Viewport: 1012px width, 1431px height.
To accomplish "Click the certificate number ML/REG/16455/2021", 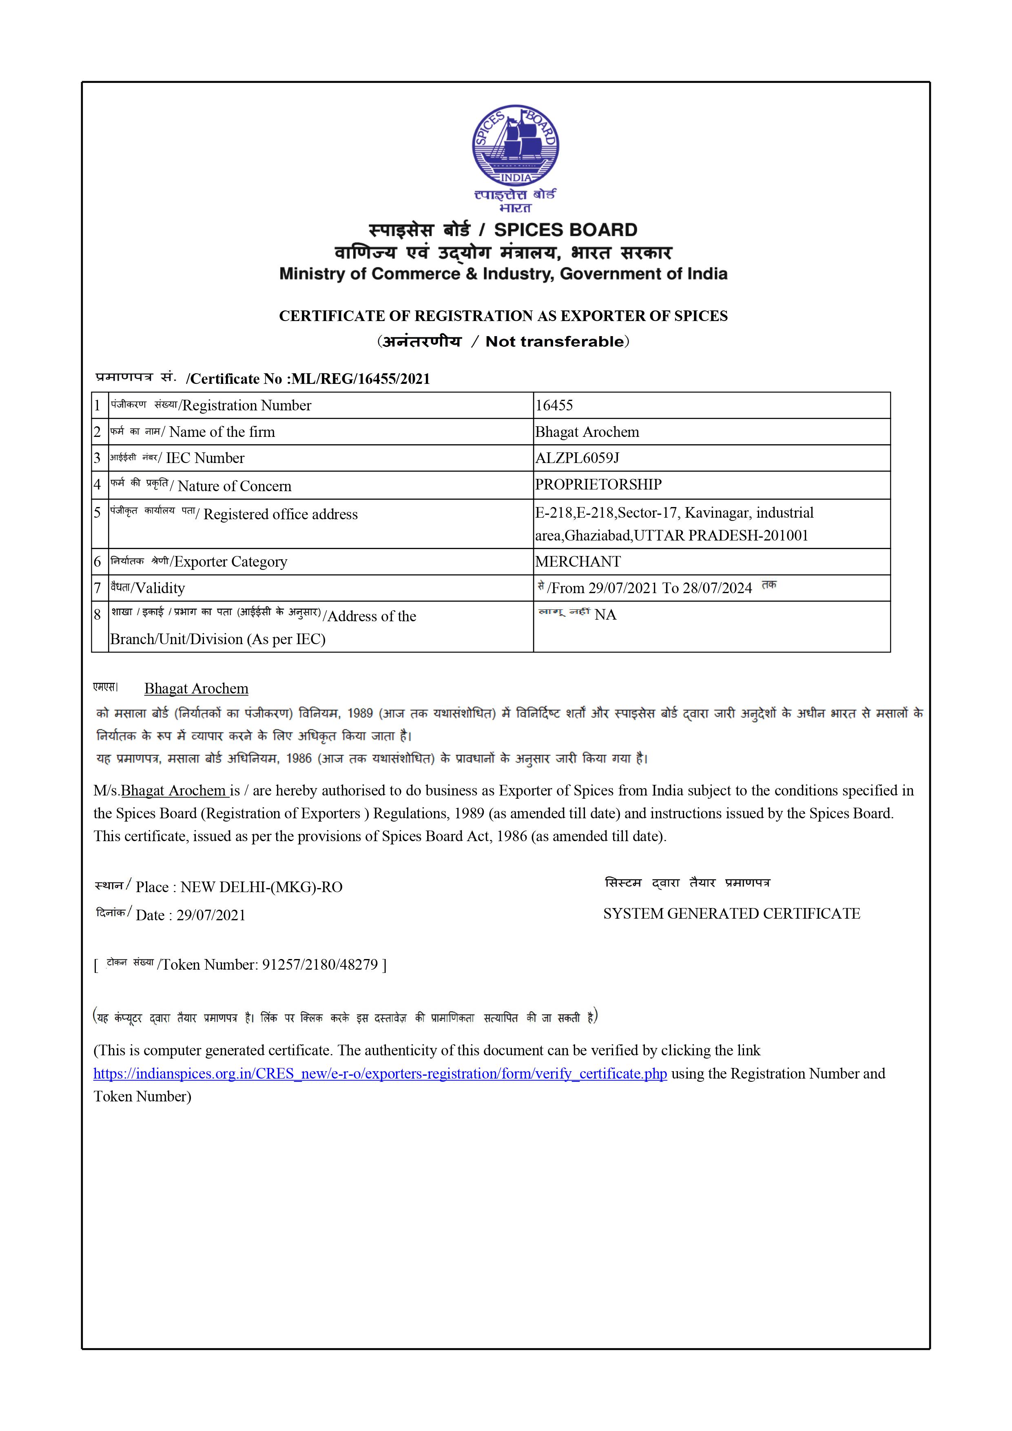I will coord(361,379).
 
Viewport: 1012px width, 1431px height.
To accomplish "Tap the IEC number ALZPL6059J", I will coord(577,458).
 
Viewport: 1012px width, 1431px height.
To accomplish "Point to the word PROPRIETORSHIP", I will coord(598,484).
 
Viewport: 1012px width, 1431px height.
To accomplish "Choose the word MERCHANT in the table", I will coord(578,562).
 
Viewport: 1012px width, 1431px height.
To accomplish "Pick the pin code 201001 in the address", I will coord(787,535).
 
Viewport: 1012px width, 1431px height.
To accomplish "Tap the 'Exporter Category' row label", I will coord(230,562).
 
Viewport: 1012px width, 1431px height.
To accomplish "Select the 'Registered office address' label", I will coord(280,514).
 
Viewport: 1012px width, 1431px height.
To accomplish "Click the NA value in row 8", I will coord(605,615).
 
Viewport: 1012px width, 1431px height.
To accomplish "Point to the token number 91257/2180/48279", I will coord(320,965).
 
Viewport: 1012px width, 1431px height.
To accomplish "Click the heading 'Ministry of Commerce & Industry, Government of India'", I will coord(503,274).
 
